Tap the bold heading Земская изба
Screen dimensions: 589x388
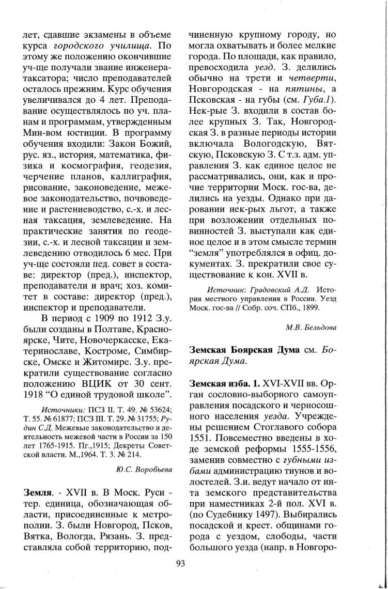216,384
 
